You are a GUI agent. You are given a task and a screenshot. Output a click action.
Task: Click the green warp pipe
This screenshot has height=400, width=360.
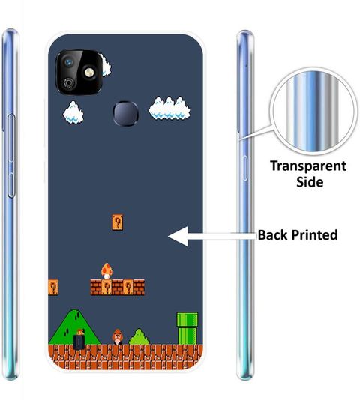(187, 328)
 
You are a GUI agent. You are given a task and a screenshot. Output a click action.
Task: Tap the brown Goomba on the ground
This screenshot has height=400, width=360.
(117, 337)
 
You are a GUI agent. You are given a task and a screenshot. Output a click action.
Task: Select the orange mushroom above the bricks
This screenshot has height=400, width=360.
(106, 271)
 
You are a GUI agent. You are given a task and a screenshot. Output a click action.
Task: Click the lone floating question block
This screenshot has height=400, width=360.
(117, 222)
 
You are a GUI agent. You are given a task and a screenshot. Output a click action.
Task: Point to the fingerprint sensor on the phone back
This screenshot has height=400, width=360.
(126, 114)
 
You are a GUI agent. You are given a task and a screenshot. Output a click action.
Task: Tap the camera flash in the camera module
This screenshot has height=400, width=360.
(89, 73)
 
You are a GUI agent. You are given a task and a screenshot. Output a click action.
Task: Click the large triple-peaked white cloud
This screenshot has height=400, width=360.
(169, 108)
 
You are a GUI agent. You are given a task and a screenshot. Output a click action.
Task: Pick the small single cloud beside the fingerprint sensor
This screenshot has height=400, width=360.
(73, 112)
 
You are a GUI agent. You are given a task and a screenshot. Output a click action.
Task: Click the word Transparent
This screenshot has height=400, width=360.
(308, 166)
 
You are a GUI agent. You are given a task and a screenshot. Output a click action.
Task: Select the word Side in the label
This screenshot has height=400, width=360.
(310, 181)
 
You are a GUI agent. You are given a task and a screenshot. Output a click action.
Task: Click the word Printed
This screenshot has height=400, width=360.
(314, 235)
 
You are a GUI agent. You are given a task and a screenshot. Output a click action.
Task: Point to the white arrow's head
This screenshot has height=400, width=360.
(178, 236)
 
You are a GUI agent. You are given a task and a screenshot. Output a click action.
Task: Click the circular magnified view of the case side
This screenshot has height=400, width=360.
(313, 111)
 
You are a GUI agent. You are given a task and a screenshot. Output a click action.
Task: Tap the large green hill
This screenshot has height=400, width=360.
(74, 327)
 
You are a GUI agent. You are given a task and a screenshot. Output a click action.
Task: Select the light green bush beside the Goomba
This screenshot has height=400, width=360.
(139, 337)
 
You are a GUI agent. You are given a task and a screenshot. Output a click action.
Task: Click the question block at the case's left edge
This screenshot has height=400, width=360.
(53, 288)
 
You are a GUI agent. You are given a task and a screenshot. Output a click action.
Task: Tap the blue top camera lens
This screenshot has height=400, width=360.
(68, 62)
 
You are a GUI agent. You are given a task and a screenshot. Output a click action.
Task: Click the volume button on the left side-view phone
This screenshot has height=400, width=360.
(10, 156)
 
